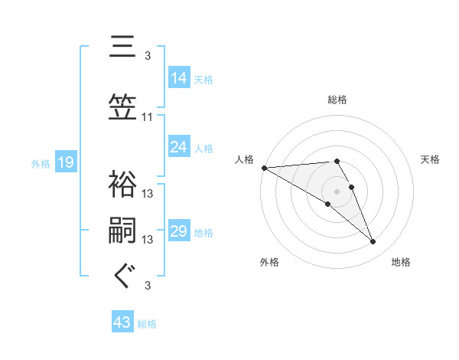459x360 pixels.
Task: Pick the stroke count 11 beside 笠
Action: (148, 117)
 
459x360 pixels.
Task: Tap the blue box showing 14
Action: (179, 77)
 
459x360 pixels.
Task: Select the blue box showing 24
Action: (179, 147)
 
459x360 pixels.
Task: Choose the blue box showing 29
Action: (179, 231)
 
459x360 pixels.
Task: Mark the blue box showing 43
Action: (122, 323)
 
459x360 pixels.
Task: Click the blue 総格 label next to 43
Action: (147, 324)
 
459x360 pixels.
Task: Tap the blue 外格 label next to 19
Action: (40, 163)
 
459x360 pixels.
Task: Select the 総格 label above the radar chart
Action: (337, 100)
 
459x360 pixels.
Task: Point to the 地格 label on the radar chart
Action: (401, 262)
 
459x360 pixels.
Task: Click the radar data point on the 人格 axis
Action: (264, 168)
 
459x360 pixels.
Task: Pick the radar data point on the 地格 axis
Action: (373, 242)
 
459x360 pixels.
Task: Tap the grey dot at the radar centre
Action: (337, 190)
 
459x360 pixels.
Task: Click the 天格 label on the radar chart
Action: (431, 159)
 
